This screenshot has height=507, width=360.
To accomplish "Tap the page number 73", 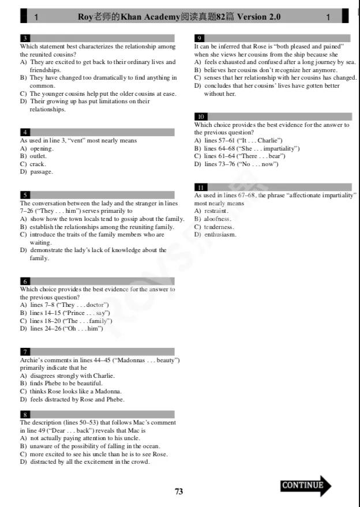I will [x=179, y=491].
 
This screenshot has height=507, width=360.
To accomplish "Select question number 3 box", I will [x=25, y=38].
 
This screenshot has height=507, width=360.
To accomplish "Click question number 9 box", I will [x=199, y=38].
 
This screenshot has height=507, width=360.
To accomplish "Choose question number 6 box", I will [x=25, y=281].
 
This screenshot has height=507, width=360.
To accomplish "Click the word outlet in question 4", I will [x=38, y=156].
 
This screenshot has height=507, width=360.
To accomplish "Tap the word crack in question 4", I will [x=37, y=164].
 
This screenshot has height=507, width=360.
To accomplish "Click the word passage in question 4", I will [x=41, y=172].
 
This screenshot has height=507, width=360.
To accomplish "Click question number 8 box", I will [x=25, y=414].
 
